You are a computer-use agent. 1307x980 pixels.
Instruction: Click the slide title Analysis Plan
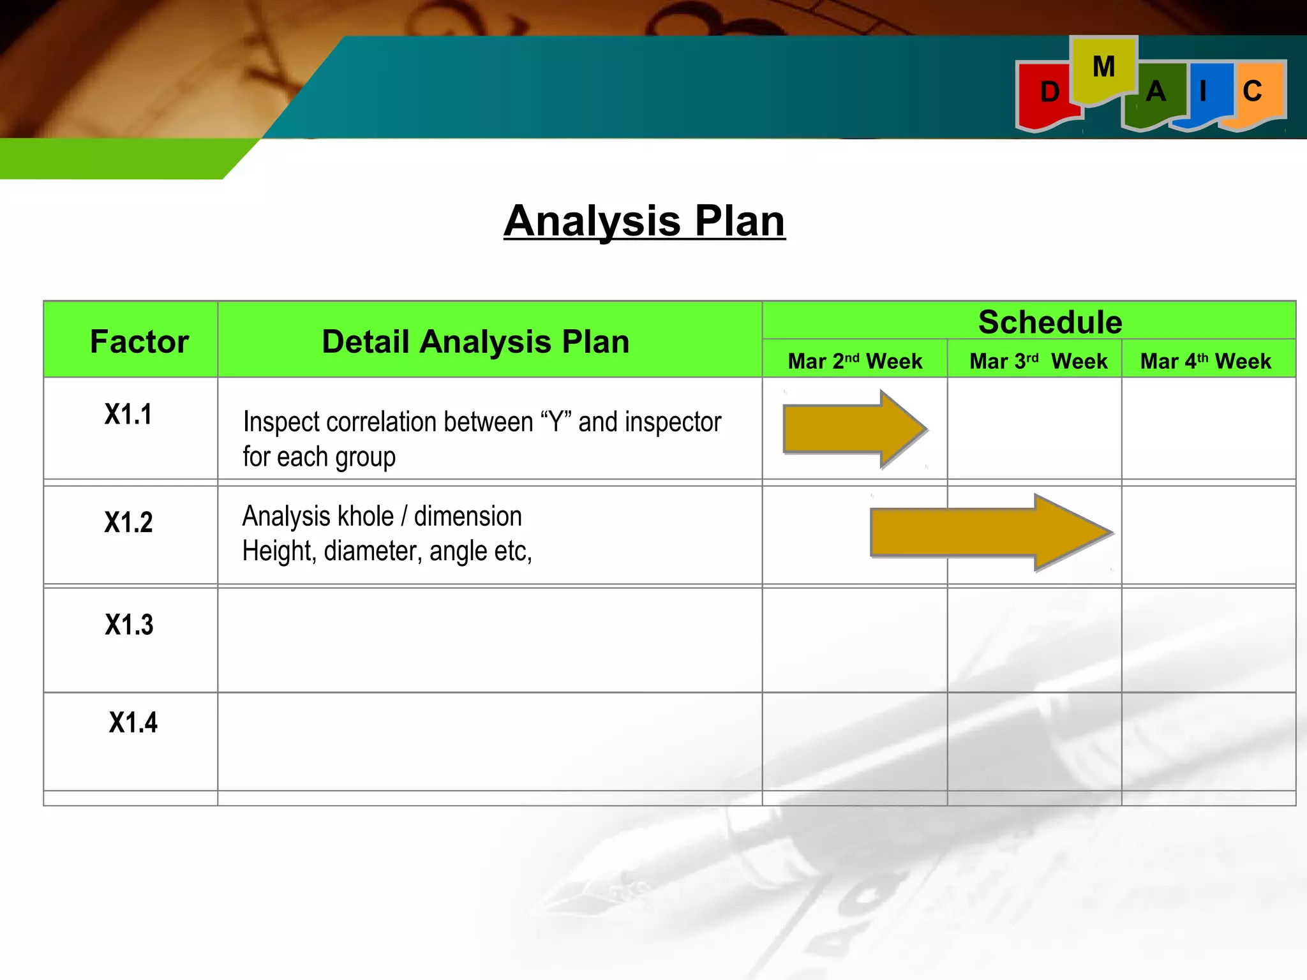coord(644,221)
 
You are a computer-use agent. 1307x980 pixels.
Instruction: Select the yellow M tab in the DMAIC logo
coord(1103,68)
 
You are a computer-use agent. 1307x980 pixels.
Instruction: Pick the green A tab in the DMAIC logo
coord(1155,94)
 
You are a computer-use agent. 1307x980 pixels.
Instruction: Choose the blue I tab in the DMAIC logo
coord(1204,93)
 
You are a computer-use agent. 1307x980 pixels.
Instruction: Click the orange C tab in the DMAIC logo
coord(1253,92)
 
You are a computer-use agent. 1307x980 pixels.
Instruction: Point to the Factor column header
coord(139,341)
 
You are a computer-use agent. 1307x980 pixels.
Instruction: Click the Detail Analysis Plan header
coord(475,341)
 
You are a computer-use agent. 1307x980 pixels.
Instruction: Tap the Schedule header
coord(1050,322)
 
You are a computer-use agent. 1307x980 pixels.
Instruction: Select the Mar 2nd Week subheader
coord(855,361)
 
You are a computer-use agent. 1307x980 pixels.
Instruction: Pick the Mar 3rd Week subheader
coord(1038,361)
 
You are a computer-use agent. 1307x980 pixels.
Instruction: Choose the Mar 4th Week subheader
coord(1206,361)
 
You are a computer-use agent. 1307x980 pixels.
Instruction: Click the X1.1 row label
coord(128,414)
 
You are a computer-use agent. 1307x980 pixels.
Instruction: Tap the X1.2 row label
coord(128,523)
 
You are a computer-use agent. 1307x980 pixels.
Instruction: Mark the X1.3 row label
coord(129,625)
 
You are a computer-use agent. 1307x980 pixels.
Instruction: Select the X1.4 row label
coord(133,722)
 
